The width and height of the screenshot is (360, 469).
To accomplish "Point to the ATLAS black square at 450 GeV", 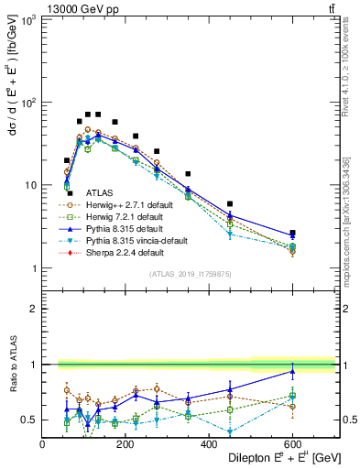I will (x=230, y=203).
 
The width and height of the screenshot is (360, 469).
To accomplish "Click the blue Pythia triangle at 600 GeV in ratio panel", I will (x=292, y=371).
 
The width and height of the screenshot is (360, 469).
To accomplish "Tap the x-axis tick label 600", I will (x=292, y=444).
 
